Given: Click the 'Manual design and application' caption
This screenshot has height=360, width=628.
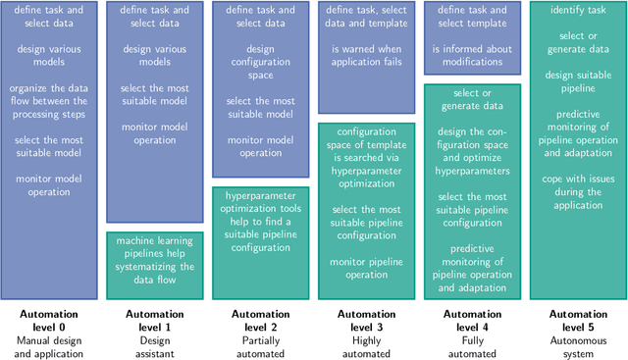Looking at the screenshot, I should point(49,346).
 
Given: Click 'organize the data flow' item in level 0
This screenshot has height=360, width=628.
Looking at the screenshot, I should point(49,100).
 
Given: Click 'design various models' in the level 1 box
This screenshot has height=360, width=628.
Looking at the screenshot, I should point(155,54).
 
